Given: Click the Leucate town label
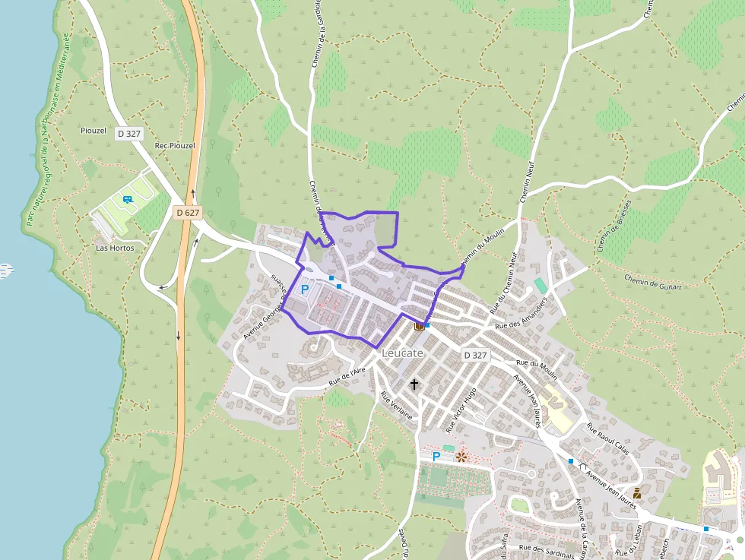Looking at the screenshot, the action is [x=402, y=353].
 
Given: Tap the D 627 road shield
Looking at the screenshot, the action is [x=187, y=213].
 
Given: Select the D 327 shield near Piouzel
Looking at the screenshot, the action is [x=129, y=133].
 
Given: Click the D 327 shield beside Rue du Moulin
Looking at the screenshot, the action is [x=475, y=355].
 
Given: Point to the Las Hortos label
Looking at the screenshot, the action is [x=115, y=248].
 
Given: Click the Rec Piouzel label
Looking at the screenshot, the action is [x=174, y=145].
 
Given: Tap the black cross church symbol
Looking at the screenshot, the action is [x=414, y=384].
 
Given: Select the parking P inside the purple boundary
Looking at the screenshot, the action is [x=305, y=289].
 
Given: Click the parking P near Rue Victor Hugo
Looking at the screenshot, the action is [x=436, y=457].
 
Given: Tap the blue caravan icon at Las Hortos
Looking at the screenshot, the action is [x=127, y=200].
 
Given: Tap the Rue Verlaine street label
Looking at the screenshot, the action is [x=396, y=407].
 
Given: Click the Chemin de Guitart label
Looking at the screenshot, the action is [x=652, y=282].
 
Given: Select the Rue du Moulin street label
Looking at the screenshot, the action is [x=536, y=370].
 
